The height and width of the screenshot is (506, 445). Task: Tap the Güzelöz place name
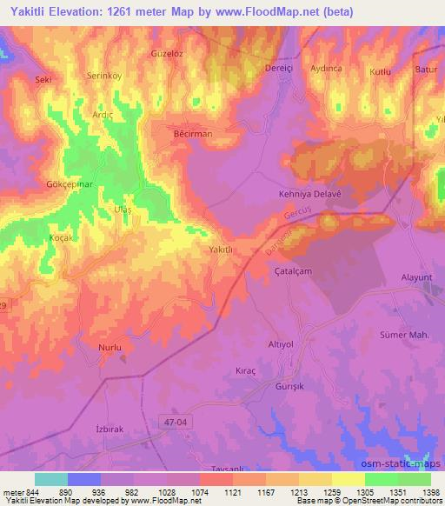[x=169, y=54]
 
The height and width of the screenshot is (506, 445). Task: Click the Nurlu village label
[x=110, y=348]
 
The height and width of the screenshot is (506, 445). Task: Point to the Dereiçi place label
[x=281, y=68]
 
